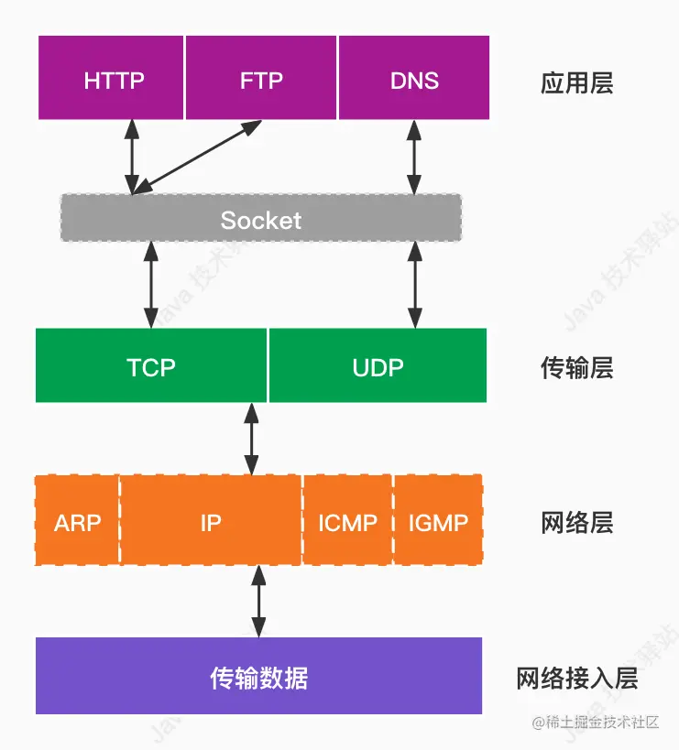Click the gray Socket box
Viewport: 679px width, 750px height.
coord(261,219)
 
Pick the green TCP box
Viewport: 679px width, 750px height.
coord(151,366)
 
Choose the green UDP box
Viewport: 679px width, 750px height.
coord(378,366)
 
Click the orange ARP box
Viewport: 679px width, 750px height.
coord(77,522)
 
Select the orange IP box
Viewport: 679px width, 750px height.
coord(211,522)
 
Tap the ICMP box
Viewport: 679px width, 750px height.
coord(347,522)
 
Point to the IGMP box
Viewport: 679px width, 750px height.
coord(438,522)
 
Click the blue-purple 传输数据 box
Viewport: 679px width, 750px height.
coord(258,678)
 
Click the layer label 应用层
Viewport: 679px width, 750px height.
coord(576,83)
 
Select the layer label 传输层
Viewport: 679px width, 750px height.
coord(576,368)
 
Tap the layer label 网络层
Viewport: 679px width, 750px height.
coord(576,524)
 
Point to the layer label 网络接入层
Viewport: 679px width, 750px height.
coord(576,679)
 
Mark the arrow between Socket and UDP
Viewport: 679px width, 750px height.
coord(415,285)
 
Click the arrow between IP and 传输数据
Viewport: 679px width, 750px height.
coord(258,601)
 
